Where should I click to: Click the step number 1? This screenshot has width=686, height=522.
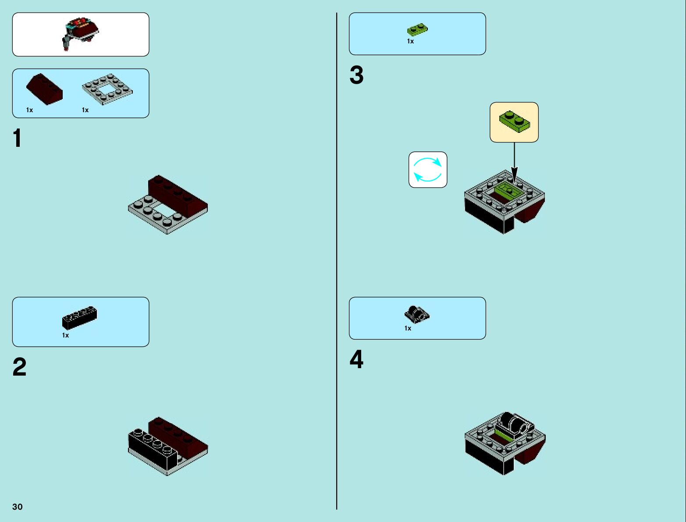tap(17, 138)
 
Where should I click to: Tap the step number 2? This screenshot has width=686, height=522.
tap(19, 367)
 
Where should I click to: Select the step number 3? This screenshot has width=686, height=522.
tap(356, 75)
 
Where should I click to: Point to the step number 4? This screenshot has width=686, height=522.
tap(356, 359)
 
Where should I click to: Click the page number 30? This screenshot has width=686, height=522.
tap(18, 507)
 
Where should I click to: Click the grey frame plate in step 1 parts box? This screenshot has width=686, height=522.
tap(107, 89)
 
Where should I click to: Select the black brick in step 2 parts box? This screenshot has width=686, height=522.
tap(79, 317)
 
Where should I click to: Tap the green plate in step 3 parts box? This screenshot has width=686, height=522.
tap(417, 29)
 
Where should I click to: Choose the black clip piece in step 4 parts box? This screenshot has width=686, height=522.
tap(416, 314)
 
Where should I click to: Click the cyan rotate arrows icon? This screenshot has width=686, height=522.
tap(428, 170)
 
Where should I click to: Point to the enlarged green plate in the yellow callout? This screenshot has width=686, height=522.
tap(514, 121)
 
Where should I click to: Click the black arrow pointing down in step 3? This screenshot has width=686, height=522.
tap(514, 162)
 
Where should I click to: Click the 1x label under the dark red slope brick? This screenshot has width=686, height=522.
tap(29, 110)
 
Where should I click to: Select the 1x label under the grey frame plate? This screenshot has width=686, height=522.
tap(85, 110)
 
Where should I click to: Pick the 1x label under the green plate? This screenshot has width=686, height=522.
tap(410, 41)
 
